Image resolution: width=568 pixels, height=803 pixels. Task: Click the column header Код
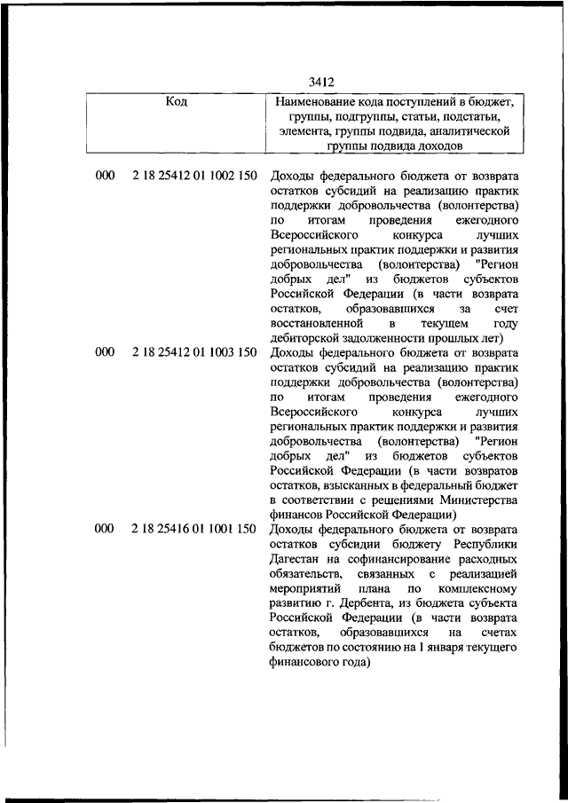pyautogui.click(x=177, y=102)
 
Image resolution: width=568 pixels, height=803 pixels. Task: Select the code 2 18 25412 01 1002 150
pyautogui.click(x=194, y=176)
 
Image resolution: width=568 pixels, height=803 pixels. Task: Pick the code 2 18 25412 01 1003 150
pyautogui.click(x=194, y=352)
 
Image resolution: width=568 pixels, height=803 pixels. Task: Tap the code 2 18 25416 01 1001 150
pyautogui.click(x=194, y=529)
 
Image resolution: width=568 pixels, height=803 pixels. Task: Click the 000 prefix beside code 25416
pyautogui.click(x=104, y=529)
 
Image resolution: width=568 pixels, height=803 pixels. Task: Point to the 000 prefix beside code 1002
pyautogui.click(x=104, y=176)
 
